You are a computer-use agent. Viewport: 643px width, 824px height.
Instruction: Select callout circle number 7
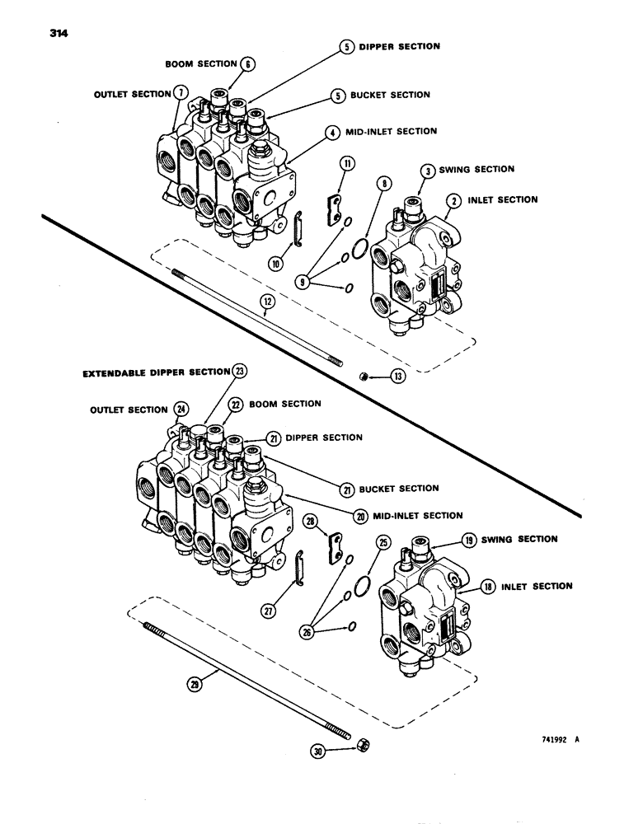pyautogui.click(x=180, y=93)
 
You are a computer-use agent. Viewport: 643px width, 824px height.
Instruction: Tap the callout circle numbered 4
pyautogui.click(x=331, y=131)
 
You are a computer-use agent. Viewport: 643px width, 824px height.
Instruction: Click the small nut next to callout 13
pyautogui.click(x=363, y=377)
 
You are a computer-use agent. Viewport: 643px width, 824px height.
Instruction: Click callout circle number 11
pyautogui.click(x=347, y=165)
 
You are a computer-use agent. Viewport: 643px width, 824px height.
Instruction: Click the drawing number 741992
pyautogui.click(x=542, y=739)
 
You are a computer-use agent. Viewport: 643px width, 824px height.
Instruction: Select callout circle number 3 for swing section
pyautogui.click(x=429, y=170)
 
